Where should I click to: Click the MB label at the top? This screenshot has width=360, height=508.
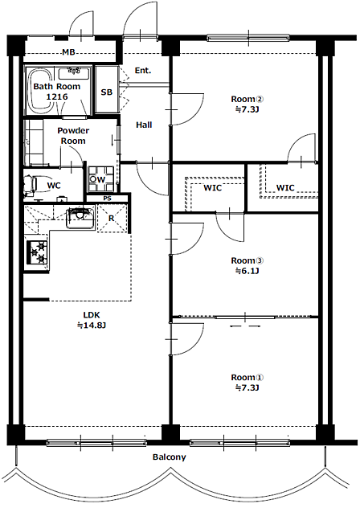(x=68, y=51)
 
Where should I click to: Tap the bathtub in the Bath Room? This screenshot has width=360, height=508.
(x=40, y=91)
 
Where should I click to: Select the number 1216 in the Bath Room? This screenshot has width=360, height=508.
(x=57, y=96)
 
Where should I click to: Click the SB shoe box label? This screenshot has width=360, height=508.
(x=107, y=92)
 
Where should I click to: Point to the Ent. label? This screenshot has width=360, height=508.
(x=143, y=70)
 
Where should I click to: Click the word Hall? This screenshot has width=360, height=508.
(x=144, y=125)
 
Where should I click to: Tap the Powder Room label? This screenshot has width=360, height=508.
(x=73, y=136)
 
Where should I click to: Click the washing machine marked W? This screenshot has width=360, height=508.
(x=101, y=179)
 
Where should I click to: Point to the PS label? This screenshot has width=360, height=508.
(x=107, y=199)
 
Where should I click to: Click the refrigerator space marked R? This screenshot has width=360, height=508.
(x=112, y=219)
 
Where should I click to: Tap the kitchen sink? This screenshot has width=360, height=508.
(x=80, y=218)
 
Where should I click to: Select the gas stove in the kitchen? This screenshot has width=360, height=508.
(x=37, y=252)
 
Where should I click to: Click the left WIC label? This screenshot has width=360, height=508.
(x=213, y=188)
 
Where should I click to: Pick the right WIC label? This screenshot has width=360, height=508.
(x=285, y=188)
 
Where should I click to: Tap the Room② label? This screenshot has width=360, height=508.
(x=247, y=99)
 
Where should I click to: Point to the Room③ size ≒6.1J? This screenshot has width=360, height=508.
(x=247, y=271)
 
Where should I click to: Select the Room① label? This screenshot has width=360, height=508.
(x=247, y=378)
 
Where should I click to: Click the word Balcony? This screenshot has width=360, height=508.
(x=170, y=457)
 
